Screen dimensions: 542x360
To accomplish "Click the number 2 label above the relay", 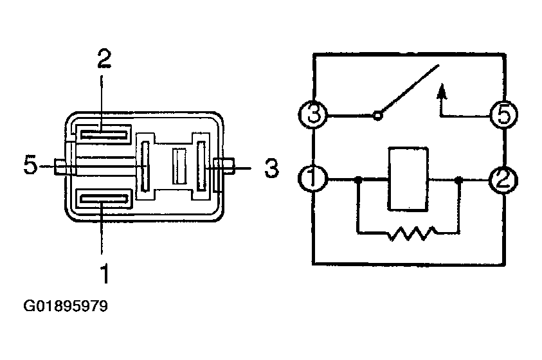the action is click(x=104, y=59).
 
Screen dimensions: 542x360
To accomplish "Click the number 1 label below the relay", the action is click(x=105, y=273).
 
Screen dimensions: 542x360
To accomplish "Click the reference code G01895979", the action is click(x=66, y=306).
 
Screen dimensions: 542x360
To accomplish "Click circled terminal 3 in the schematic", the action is click(x=313, y=114).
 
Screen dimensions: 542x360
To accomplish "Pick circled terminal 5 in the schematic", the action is click(x=503, y=114).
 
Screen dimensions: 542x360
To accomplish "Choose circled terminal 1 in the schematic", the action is click(x=312, y=178).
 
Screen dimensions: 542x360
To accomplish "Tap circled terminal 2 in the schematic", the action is click(x=503, y=180).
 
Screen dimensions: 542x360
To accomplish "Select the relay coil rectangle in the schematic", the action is click(x=408, y=179).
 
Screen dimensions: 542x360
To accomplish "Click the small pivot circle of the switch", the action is click(x=378, y=116).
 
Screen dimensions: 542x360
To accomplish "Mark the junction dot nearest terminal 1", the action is click(x=359, y=179).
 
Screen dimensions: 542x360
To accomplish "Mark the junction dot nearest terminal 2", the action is click(x=458, y=179).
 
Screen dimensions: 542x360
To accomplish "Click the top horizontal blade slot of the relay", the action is click(x=104, y=134).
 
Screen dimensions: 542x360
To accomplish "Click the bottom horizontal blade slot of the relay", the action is click(x=104, y=199).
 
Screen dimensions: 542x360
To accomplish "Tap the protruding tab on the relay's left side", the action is click(x=60, y=166).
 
